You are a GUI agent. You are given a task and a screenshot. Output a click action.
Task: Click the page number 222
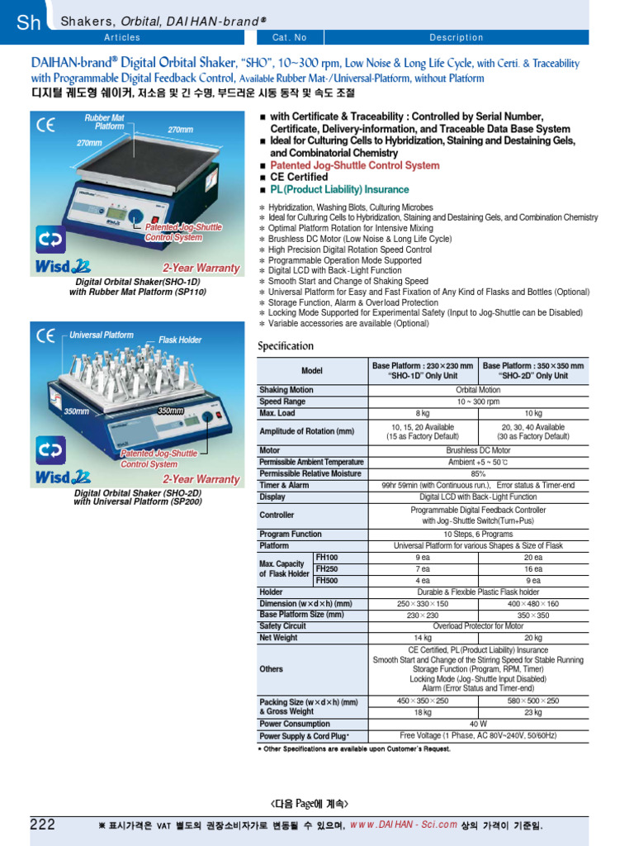[43, 824]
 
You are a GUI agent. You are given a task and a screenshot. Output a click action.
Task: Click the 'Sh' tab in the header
[28, 22]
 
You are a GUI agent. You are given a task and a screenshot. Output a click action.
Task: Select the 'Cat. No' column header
[289, 37]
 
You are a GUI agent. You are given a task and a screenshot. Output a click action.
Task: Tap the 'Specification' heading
[286, 345]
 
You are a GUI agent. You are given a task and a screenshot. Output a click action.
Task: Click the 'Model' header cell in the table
[312, 371]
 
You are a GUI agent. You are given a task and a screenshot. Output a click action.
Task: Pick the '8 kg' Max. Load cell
[423, 413]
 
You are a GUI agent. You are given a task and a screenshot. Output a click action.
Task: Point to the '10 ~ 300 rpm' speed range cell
[478, 402]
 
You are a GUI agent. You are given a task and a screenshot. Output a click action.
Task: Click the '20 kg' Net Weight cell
[532, 638]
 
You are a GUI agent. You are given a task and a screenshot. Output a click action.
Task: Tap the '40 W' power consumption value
[478, 724]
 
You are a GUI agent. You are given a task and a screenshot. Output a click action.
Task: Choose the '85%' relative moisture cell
[478, 473]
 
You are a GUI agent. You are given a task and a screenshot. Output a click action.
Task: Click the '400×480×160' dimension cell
[532, 604]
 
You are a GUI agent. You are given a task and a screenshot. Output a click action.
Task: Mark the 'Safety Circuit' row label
[282, 626]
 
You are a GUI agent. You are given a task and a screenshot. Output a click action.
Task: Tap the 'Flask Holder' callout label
[180, 340]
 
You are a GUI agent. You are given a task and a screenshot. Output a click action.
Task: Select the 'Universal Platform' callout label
[101, 335]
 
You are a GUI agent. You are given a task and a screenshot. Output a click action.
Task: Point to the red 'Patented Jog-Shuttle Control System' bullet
[355, 165]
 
